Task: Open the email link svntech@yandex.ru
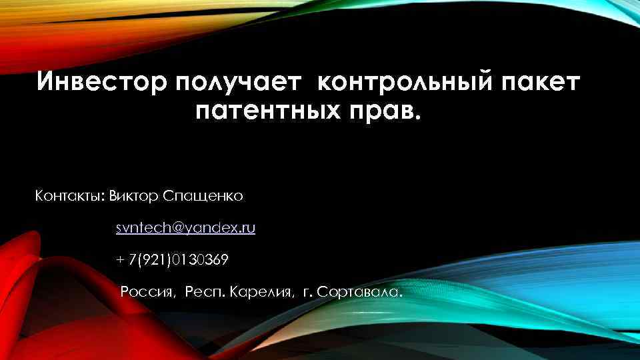(185, 228)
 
